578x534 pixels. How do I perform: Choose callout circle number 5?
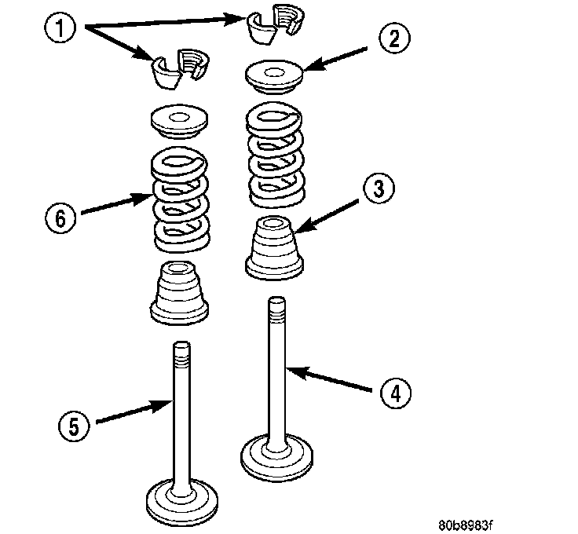tap(73, 426)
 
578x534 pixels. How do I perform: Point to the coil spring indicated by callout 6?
tap(179, 196)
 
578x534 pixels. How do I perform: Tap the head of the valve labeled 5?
tap(181, 496)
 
